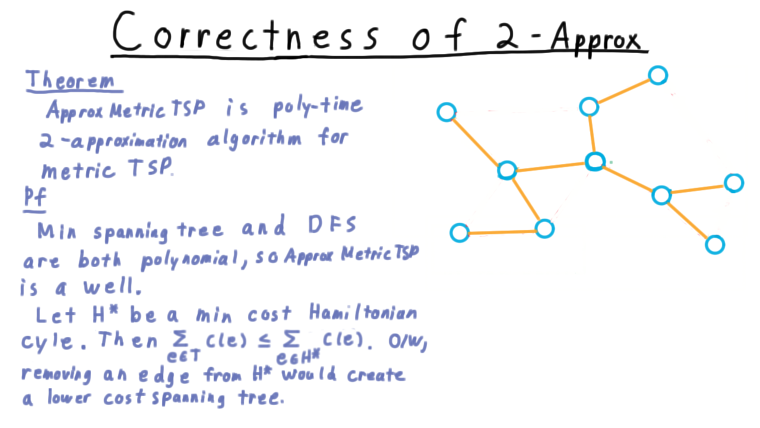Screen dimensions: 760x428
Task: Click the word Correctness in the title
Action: (x=245, y=32)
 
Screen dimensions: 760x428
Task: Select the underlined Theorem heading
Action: (x=71, y=80)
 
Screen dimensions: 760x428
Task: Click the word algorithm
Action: (x=254, y=139)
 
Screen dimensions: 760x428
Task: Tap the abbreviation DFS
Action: (x=332, y=225)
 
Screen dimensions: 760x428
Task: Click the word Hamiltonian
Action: (x=363, y=312)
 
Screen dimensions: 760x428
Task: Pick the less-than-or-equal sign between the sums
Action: (x=264, y=341)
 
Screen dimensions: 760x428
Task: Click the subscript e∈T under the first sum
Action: (x=184, y=355)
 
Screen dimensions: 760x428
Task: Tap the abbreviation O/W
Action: (x=407, y=341)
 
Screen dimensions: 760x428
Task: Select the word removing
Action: (x=56, y=375)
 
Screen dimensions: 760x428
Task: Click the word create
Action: (x=376, y=374)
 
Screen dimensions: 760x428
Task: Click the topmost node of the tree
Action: (x=658, y=75)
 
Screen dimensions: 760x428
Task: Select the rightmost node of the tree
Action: (x=734, y=183)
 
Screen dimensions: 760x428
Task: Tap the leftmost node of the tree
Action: (x=446, y=112)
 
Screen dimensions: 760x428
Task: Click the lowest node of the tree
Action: (x=715, y=245)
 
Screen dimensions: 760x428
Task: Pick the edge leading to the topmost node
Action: (x=623, y=91)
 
